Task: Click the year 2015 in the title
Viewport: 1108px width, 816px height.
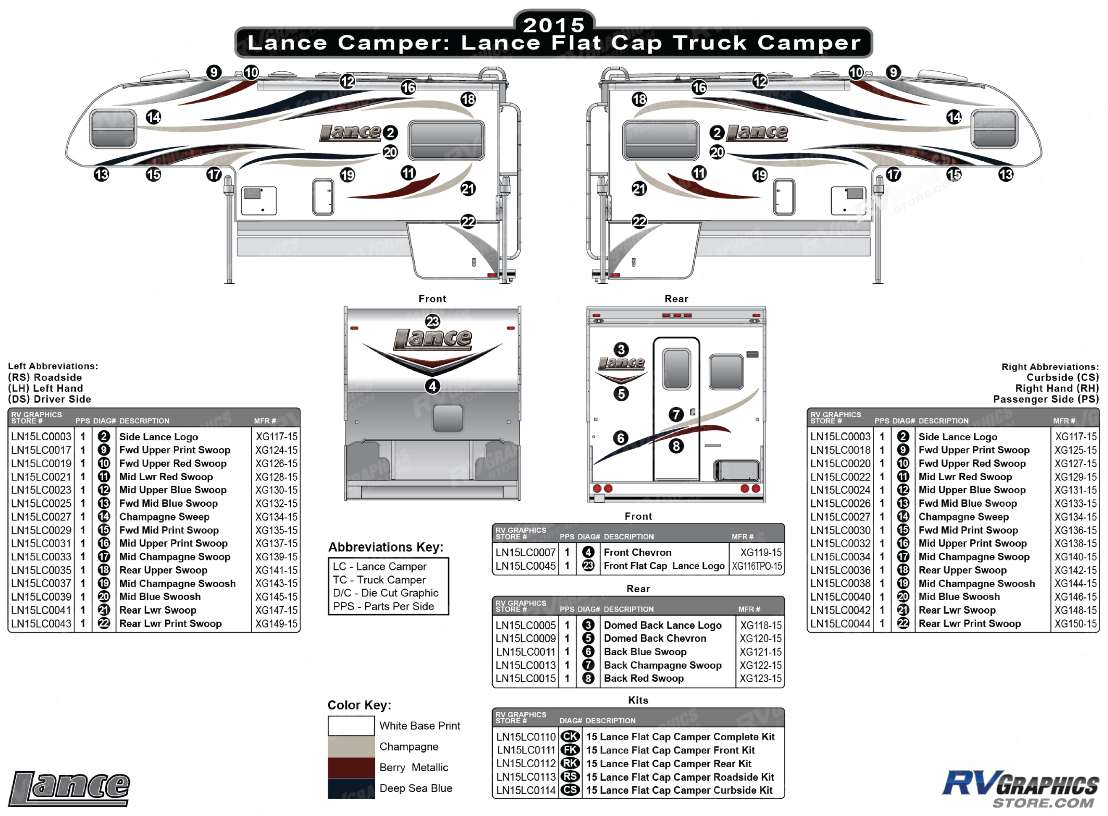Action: click(554, 25)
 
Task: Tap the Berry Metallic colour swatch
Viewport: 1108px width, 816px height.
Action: click(351, 767)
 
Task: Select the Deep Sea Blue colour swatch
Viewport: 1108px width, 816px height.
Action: click(351, 789)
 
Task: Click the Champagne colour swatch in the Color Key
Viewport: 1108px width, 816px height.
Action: click(351, 746)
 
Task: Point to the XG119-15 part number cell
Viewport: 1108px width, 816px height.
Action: click(761, 552)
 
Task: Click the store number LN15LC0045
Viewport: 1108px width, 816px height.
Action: click(525, 566)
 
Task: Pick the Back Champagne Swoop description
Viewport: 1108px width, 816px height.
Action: click(662, 665)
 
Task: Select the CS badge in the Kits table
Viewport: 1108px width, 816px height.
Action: click(570, 790)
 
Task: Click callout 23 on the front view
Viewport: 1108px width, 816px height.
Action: click(433, 322)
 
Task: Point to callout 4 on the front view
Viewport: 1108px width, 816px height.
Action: click(433, 386)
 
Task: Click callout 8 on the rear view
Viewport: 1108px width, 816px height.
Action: click(676, 446)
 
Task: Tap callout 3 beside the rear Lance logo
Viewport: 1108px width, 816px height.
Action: click(621, 350)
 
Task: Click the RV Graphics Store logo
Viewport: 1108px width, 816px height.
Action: click(1021, 789)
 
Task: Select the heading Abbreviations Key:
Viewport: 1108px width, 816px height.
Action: click(386, 547)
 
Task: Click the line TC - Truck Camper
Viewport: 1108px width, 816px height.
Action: click(379, 580)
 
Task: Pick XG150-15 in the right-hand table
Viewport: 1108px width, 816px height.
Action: click(1075, 624)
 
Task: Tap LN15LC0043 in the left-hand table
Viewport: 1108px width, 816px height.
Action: click(41, 624)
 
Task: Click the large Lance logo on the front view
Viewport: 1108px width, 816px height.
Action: click(433, 339)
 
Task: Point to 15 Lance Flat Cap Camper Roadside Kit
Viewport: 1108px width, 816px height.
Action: click(680, 777)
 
